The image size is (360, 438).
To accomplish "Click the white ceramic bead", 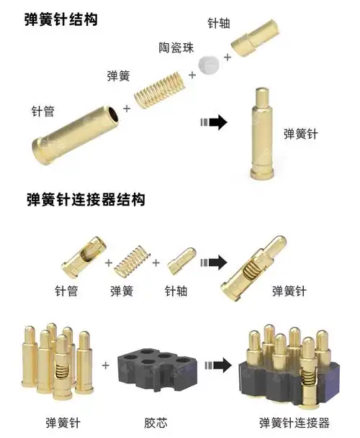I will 209,65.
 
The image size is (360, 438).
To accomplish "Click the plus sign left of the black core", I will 106,365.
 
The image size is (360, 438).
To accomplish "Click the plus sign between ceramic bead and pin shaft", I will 228,57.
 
